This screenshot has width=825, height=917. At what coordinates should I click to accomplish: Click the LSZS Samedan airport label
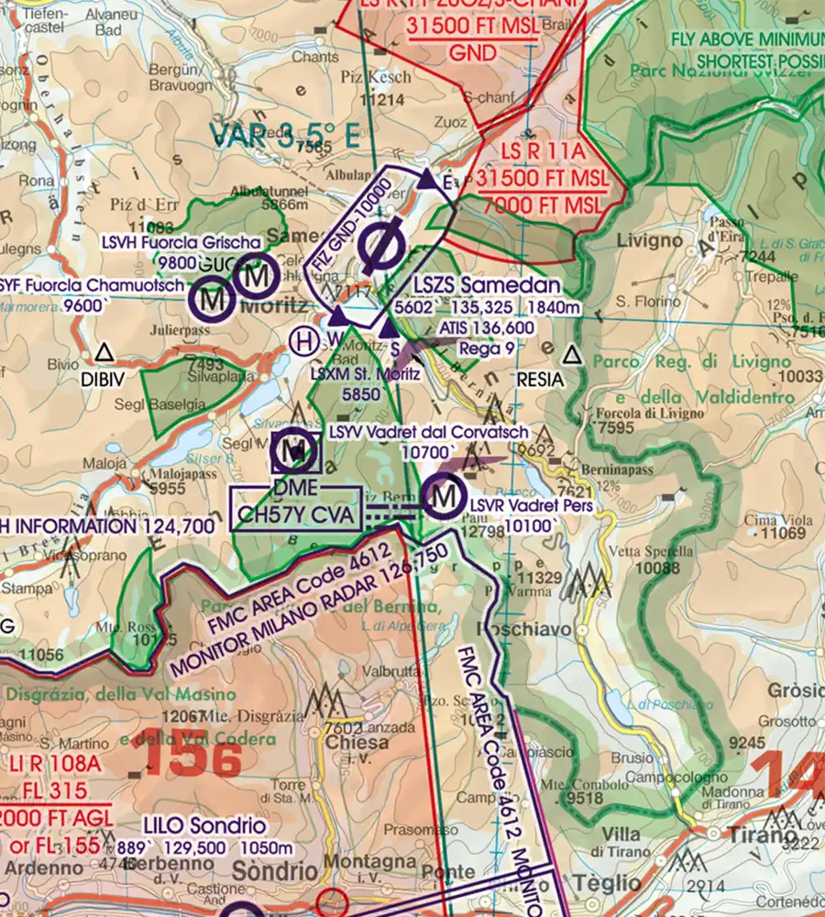[486, 285]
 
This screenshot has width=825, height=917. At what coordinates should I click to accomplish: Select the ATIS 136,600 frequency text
[486, 327]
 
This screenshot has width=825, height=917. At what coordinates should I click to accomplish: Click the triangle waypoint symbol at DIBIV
[104, 351]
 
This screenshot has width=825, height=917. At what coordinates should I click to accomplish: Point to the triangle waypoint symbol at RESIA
[573, 354]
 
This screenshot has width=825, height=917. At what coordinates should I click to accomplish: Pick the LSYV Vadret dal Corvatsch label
[428, 432]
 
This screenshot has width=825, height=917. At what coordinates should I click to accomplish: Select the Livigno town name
[649, 241]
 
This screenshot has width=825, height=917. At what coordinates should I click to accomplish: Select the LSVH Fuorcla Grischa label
[181, 242]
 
